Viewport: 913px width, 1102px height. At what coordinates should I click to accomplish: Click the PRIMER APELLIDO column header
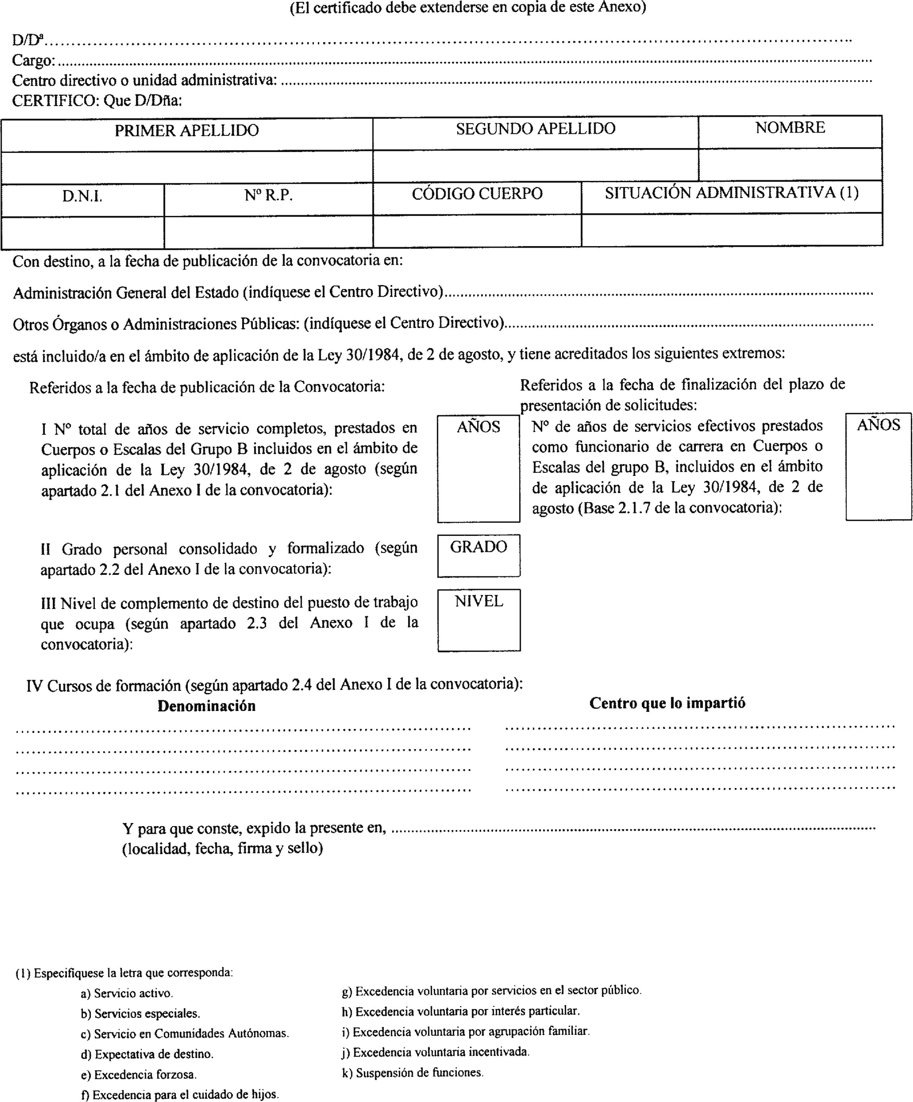(187, 131)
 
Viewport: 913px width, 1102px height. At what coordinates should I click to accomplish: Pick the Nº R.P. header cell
(268, 196)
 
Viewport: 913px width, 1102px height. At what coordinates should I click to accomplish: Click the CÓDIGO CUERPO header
(477, 194)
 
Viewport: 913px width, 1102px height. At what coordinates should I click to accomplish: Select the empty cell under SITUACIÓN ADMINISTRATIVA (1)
(732, 230)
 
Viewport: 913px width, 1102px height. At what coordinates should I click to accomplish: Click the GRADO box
(479, 556)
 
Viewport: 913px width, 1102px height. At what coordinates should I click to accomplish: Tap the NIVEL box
(479, 620)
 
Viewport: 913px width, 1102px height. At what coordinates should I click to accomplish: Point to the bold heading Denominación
(206, 706)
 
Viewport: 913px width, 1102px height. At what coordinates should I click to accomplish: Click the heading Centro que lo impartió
(667, 704)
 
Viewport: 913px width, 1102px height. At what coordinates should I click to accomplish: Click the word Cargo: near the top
(33, 61)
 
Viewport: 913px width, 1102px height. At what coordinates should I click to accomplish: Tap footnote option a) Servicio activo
(127, 993)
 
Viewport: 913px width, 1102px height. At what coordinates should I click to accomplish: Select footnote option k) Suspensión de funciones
(412, 1073)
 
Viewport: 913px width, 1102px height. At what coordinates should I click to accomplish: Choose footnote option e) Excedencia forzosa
(139, 1075)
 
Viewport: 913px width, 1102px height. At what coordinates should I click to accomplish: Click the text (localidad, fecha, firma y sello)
(222, 849)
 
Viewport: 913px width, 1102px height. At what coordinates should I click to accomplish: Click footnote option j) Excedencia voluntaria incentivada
(435, 1052)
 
